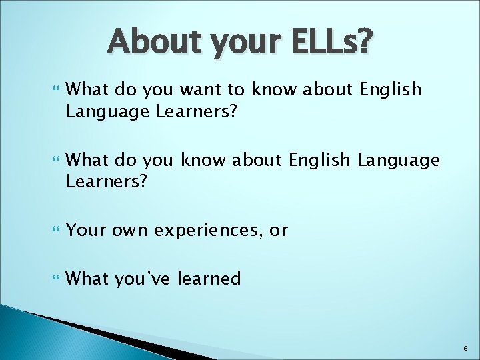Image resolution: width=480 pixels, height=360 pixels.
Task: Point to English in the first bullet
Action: click(390, 89)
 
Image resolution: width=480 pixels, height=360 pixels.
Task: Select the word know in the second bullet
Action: click(205, 160)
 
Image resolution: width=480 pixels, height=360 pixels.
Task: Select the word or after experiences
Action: click(279, 231)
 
